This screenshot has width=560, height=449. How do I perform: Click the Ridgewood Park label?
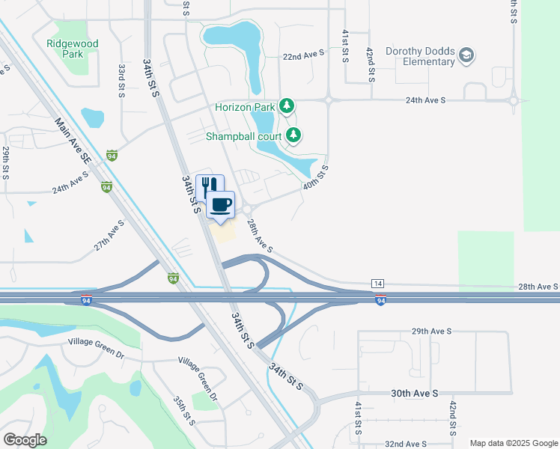(x=72, y=49)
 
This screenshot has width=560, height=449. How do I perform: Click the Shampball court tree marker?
(x=294, y=135)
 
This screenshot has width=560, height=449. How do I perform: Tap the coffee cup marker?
(x=220, y=205)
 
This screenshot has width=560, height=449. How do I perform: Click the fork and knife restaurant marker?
(x=210, y=186)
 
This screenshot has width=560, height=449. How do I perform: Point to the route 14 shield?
(x=378, y=284)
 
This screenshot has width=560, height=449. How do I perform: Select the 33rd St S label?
(x=121, y=80)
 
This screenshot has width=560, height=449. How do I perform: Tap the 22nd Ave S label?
(x=304, y=55)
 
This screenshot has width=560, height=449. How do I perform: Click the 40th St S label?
(x=316, y=177)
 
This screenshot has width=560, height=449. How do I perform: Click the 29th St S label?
(x=5, y=161)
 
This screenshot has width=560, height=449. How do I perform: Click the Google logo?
(x=24, y=440)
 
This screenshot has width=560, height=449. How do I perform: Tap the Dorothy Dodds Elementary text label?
(x=420, y=56)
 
